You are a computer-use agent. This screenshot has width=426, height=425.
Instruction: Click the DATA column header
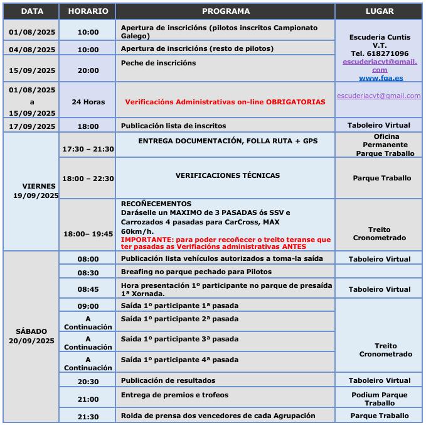[31, 11]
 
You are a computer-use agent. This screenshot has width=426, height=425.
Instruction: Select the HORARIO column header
[88, 11]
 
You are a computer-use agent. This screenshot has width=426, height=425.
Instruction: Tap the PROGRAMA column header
[225, 11]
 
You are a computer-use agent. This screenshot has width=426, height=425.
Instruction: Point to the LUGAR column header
[379, 11]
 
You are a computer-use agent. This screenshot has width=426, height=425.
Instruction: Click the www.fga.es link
[380, 79]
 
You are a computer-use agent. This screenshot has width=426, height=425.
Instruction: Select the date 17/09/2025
[32, 126]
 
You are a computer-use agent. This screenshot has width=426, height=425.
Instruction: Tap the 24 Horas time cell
[88, 101]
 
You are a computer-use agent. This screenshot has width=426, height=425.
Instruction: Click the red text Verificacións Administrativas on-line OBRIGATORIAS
[225, 101]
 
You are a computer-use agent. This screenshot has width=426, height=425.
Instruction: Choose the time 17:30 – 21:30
[88, 149]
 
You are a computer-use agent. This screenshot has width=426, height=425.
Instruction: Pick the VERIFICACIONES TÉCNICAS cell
[228, 175]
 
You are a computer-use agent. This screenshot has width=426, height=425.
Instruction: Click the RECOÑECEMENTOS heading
[156, 204]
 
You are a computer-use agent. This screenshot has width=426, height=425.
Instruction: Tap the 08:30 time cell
[88, 273]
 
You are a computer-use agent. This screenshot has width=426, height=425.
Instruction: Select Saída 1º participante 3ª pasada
[179, 339]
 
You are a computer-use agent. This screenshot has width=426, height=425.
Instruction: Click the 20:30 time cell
[88, 382]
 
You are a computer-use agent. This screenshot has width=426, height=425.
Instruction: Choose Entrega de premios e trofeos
[174, 395]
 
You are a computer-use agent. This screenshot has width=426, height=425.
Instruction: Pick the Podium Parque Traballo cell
[379, 399]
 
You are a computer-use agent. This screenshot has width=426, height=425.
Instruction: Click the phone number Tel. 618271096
[379, 53]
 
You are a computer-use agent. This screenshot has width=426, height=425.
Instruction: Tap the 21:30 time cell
[88, 417]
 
